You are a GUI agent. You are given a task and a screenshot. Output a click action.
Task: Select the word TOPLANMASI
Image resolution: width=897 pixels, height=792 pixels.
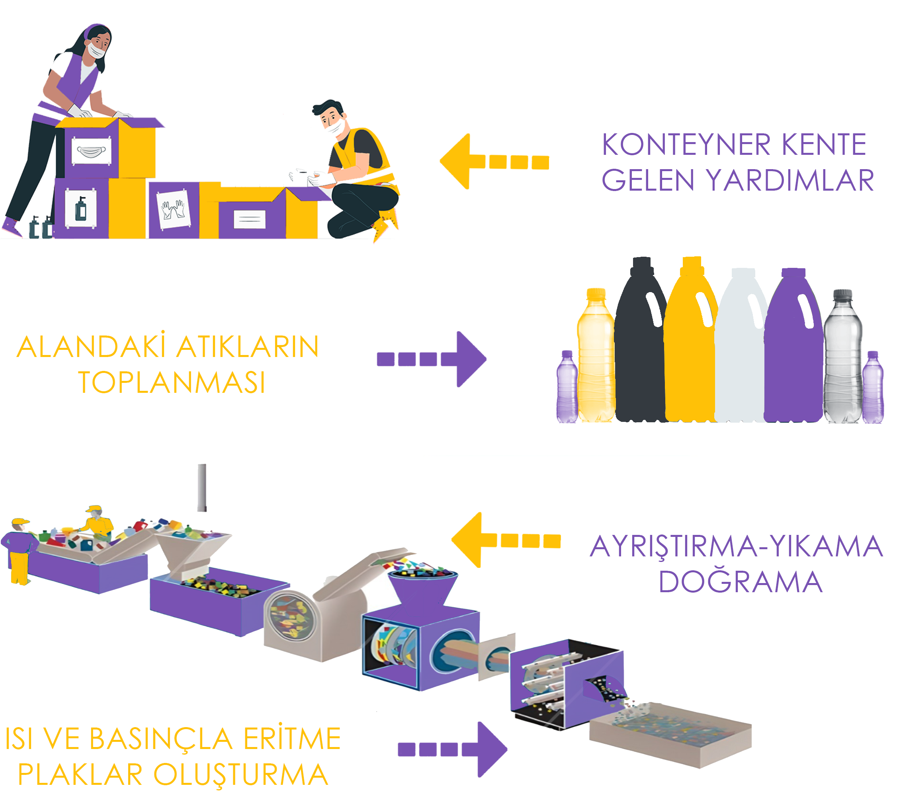click(x=172, y=382)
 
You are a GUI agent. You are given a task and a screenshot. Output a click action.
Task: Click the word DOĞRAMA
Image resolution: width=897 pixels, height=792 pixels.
click(x=741, y=582)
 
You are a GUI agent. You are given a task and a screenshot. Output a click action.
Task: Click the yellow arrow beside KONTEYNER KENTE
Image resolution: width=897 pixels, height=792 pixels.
click(x=494, y=162)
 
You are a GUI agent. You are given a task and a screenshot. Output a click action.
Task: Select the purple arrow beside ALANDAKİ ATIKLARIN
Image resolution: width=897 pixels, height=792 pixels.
click(x=432, y=359)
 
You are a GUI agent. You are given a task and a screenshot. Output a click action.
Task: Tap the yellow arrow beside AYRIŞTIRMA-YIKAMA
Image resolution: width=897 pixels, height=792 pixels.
click(x=506, y=540)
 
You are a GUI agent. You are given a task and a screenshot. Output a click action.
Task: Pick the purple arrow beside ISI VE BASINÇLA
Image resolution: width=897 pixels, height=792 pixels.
click(x=452, y=749)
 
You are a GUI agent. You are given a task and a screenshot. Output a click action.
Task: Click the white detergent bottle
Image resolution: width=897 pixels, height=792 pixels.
click(x=742, y=346)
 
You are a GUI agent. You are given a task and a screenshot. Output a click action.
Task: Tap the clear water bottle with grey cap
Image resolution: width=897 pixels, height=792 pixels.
click(x=842, y=356)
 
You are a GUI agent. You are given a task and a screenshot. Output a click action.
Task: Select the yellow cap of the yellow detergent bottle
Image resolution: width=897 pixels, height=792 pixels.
click(x=692, y=262)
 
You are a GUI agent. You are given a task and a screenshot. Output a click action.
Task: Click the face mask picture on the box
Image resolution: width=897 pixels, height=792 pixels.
click(x=91, y=151)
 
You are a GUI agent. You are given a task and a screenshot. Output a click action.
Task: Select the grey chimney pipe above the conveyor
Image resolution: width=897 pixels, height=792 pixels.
click(x=202, y=488)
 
